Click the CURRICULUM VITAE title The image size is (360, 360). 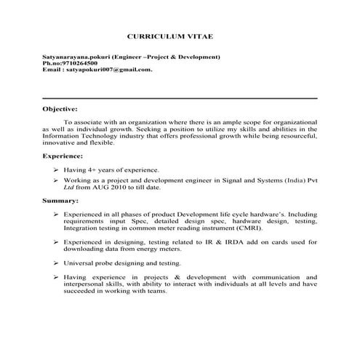(180, 36)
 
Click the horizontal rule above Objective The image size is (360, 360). (180, 98)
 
